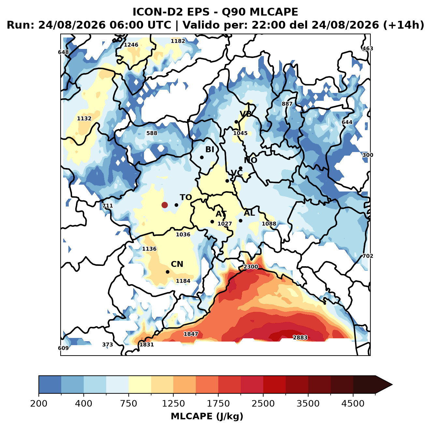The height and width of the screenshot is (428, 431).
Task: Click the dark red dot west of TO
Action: coord(165,205)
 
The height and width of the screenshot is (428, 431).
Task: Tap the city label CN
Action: coord(177,264)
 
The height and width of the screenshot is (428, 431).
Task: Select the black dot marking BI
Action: coord(202,157)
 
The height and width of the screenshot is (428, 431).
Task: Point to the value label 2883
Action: coord(300,337)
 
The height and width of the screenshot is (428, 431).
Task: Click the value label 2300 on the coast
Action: coord(251,267)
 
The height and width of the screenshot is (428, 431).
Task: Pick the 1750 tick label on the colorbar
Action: coord(218,404)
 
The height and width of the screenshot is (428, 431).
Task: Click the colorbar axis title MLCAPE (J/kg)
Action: coord(207,416)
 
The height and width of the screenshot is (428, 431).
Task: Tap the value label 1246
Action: coord(131,45)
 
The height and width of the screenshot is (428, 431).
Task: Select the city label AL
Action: coord(250,213)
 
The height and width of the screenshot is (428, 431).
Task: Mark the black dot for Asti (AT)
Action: coord(212,222)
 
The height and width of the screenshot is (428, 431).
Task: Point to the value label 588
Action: coord(151,133)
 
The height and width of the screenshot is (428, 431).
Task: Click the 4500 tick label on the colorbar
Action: coord(353,404)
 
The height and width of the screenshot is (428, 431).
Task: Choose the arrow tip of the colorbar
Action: coord(392,385)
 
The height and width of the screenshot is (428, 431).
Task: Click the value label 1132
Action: coord(84,118)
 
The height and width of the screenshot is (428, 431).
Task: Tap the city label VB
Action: coord(246,114)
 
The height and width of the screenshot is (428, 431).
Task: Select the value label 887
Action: coord(287,104)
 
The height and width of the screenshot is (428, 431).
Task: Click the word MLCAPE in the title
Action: coord(274,12)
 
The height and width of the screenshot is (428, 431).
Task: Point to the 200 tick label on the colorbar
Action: coord(39,404)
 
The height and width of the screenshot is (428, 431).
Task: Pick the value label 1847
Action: coord(191,334)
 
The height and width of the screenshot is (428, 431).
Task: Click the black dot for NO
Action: coord(240,168)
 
